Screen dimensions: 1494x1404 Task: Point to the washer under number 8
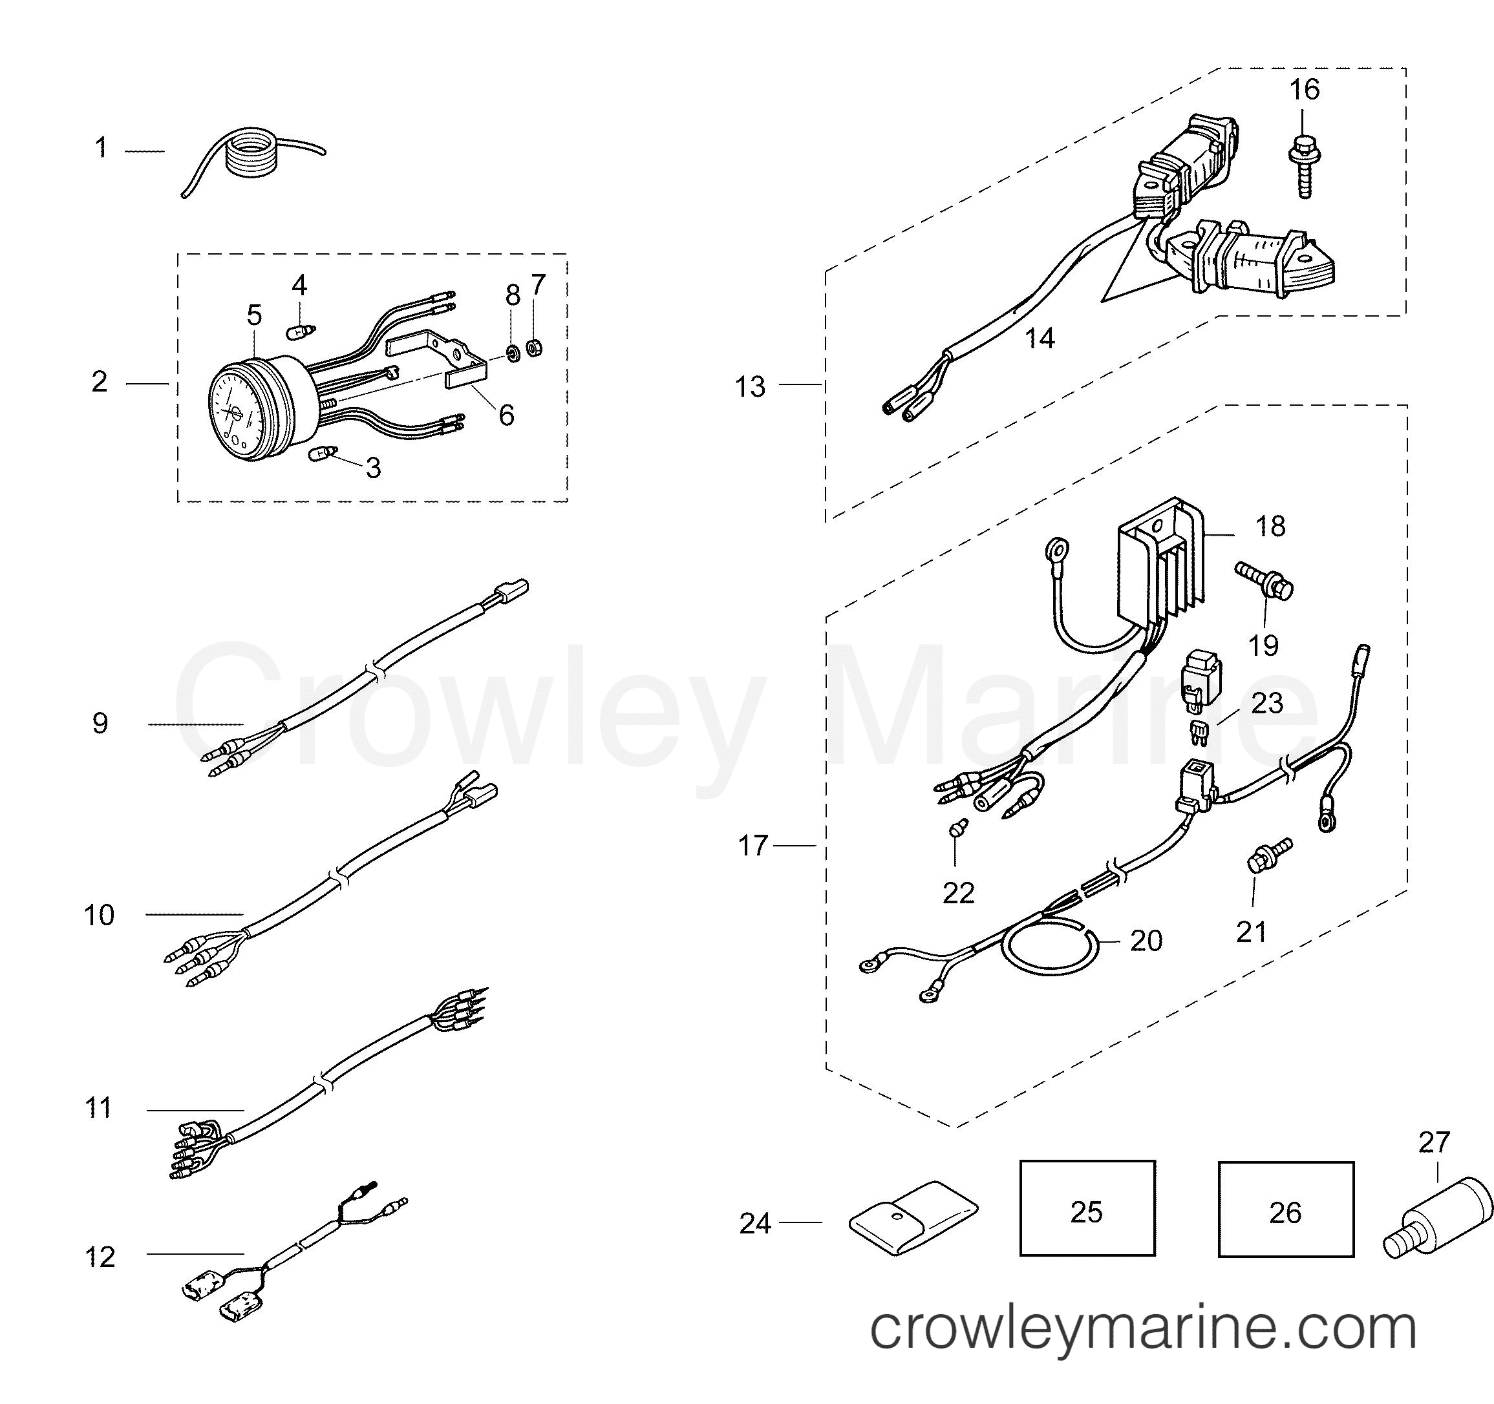click(x=513, y=352)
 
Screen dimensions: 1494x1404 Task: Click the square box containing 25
click(x=1087, y=1208)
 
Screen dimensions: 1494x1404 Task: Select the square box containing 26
click(x=1286, y=1210)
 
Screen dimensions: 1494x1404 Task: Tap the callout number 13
click(x=750, y=387)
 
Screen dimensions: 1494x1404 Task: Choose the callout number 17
click(x=753, y=846)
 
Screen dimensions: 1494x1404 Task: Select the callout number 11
click(x=98, y=1108)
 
